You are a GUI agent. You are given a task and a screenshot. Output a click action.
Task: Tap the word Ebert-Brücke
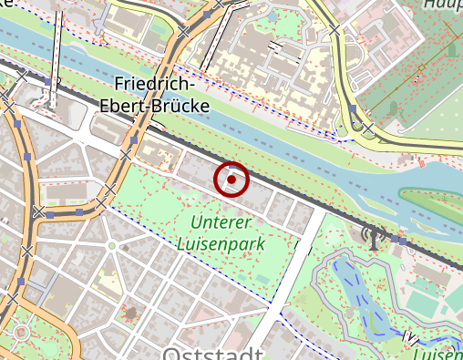(x=154, y=106)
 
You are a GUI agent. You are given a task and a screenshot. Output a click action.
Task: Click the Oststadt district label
(x=212, y=352)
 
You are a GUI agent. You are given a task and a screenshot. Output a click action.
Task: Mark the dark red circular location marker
(x=231, y=180)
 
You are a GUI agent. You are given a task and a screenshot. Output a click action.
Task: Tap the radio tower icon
(x=372, y=236)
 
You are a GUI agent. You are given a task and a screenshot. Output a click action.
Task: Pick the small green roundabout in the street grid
(x=111, y=246)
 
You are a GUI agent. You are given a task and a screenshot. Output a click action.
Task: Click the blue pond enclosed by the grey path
(x=361, y=292)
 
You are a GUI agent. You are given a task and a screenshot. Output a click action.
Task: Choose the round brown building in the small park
(x=131, y=314)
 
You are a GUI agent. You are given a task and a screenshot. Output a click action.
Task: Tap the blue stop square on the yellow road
(x=353, y=109)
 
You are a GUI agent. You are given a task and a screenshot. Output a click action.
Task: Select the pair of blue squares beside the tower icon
(x=399, y=242)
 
